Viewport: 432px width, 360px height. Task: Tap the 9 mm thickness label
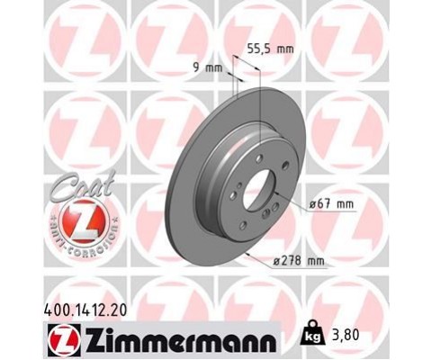point(206,67)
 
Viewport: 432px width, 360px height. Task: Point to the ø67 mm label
point(330,204)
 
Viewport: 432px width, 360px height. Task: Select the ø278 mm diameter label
point(296,261)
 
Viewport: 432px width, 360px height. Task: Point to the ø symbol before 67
point(311,204)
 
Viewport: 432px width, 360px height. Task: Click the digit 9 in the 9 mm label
point(197,67)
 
